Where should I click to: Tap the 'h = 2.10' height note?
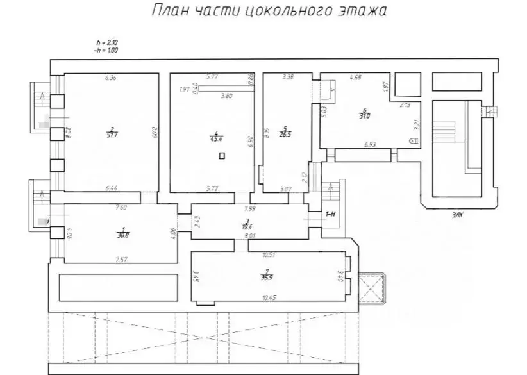click(106, 43)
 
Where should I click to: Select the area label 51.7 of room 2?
click(112, 135)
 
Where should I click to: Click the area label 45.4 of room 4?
click(214, 137)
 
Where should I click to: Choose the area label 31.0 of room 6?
click(365, 116)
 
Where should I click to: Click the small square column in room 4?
click(222, 155)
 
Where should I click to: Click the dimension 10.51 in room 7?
click(270, 254)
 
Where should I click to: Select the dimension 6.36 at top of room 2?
click(111, 78)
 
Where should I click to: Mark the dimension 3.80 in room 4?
click(227, 96)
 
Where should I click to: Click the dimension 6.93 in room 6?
click(370, 145)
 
